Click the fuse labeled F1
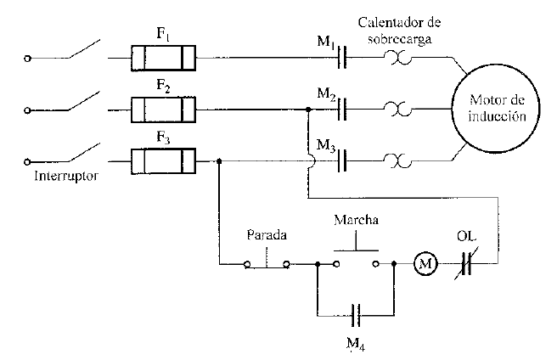coord(164,59)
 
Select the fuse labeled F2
coord(164,109)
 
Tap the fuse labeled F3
coord(164,160)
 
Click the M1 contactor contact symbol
coord(344,59)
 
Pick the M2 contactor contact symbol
coord(344,109)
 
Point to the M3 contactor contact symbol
coord(344,160)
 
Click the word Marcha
coord(356,220)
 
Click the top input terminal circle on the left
coord(28,59)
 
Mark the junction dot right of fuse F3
coord(220,160)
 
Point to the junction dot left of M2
coord(307,109)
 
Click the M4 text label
coord(357,345)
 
